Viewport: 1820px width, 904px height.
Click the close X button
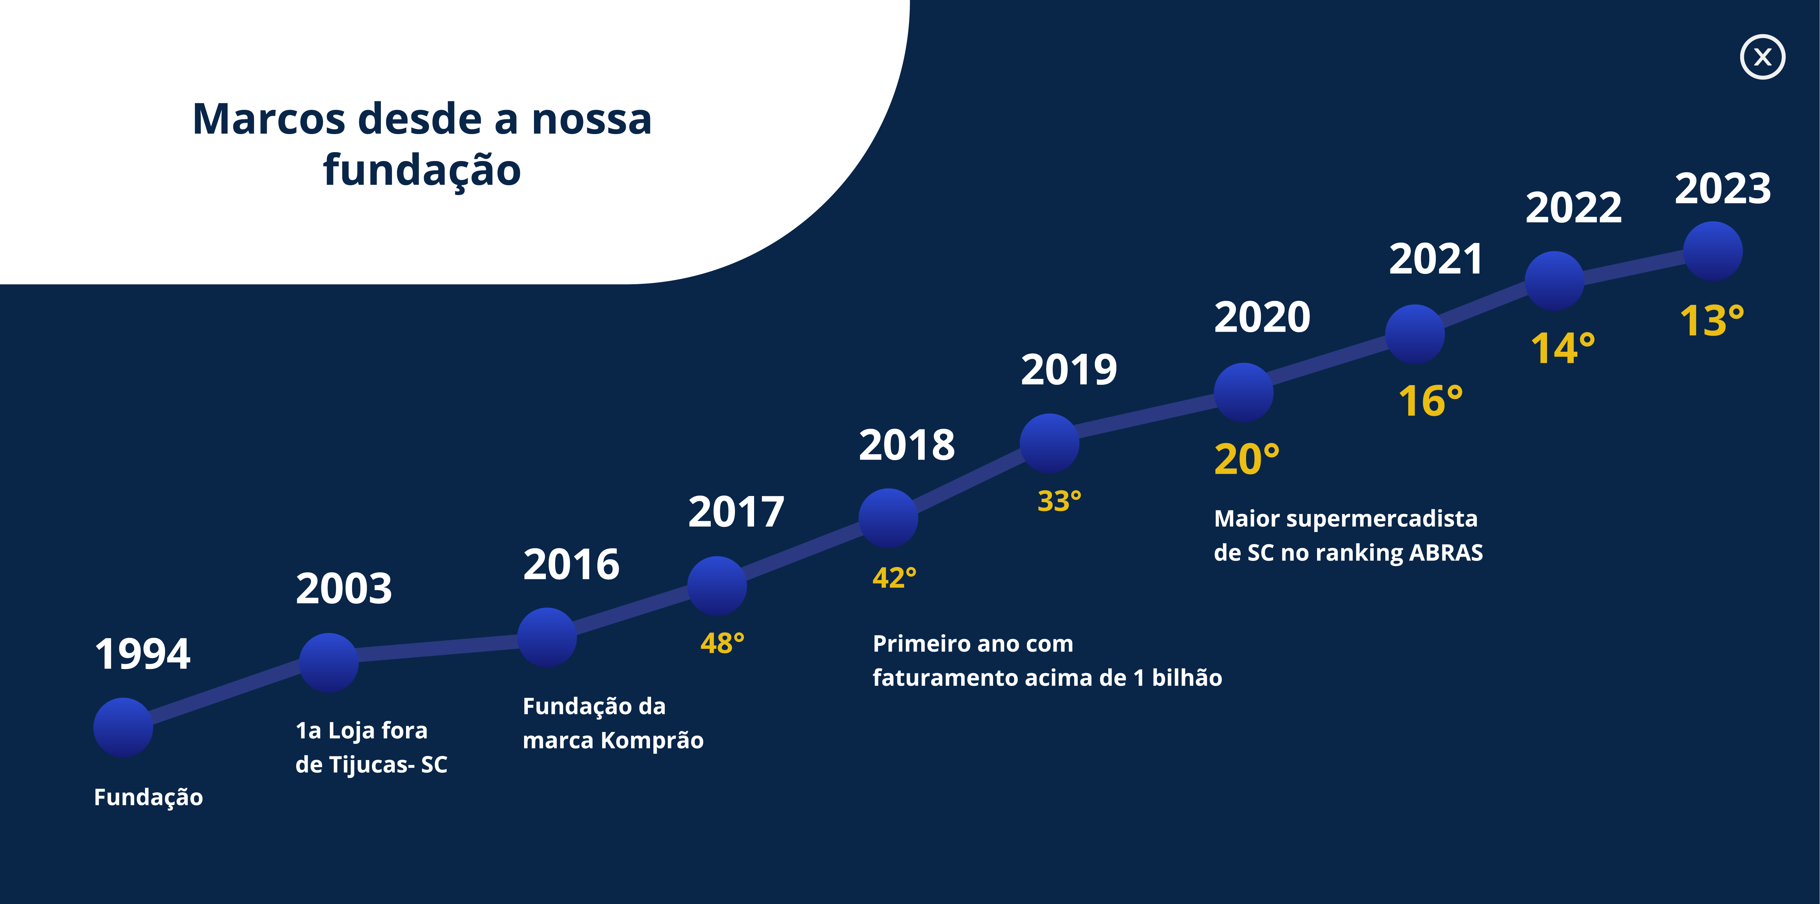(1762, 57)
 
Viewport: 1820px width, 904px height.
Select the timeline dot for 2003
(329, 662)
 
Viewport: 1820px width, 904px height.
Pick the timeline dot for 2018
(888, 518)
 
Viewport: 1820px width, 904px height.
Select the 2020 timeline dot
(1243, 393)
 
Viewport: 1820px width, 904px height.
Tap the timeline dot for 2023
(1713, 251)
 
